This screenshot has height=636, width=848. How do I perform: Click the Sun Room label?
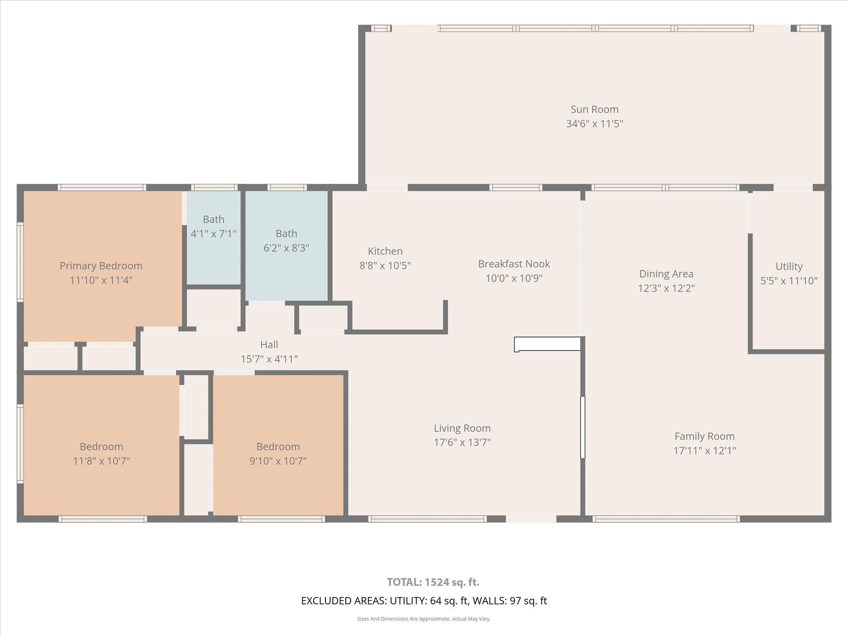tap(594, 109)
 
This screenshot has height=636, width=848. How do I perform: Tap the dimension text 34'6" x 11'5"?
tap(594, 124)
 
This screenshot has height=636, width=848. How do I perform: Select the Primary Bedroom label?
tap(101, 266)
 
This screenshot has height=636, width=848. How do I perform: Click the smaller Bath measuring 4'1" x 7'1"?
tap(213, 226)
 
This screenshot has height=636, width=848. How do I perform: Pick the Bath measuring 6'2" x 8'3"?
tap(287, 241)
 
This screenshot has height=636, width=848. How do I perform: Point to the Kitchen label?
tap(385, 251)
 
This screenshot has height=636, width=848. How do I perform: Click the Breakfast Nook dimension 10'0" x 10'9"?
tap(514, 278)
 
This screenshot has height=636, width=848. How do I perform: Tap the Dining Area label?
tap(666, 274)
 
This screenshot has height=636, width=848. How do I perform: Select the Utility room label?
tap(789, 266)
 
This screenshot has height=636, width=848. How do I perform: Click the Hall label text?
tap(269, 344)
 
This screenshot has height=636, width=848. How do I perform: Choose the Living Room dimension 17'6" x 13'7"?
tap(462, 443)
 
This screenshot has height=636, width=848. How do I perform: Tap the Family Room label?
tap(704, 436)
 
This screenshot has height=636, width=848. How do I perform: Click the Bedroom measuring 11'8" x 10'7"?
tap(101, 453)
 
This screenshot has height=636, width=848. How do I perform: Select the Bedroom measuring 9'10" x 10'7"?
tap(278, 453)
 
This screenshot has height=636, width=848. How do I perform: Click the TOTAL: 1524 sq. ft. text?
tap(433, 582)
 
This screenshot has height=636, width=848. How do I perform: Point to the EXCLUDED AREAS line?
tap(424, 601)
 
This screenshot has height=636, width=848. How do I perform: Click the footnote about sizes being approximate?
tap(424, 619)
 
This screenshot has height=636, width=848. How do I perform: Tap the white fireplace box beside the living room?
tap(547, 344)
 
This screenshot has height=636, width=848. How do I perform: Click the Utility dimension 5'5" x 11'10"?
tap(789, 281)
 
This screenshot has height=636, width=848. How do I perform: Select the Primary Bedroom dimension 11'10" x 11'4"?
tap(101, 280)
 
